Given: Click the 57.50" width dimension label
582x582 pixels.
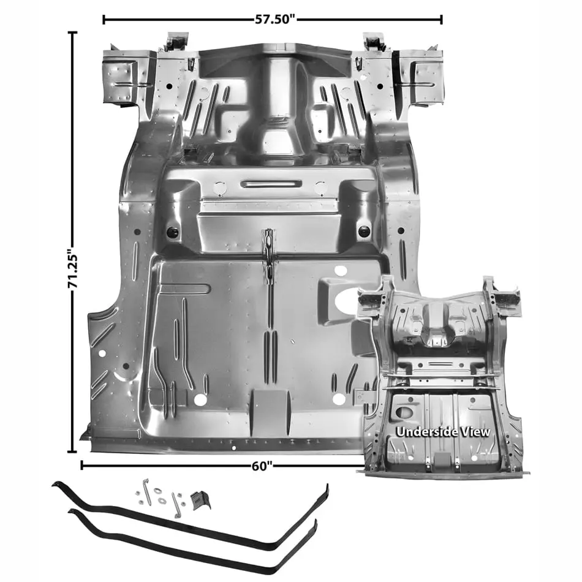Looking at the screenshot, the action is [x=272, y=20].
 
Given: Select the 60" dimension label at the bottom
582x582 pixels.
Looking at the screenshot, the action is [x=262, y=466].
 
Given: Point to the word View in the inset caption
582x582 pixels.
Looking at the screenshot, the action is [x=477, y=432].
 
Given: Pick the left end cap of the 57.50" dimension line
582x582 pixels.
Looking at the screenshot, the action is [x=104, y=20].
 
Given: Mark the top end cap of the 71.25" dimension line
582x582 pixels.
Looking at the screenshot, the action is [x=72, y=33].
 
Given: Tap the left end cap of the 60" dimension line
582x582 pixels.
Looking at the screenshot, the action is [x=81, y=465].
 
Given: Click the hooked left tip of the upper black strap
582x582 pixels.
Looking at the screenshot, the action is [x=56, y=483].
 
